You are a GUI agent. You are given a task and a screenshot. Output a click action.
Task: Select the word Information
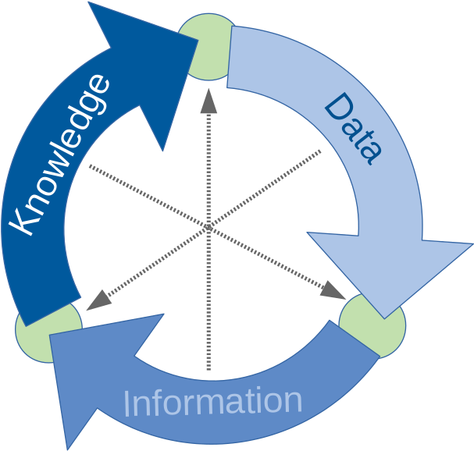(212, 403)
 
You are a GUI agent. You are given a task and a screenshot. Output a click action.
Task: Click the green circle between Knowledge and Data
(205, 47)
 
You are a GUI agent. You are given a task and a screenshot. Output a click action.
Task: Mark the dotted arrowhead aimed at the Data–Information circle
(334, 290)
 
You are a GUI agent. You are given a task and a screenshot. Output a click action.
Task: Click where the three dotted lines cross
(208, 227)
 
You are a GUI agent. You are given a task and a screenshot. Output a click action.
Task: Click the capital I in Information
(127, 405)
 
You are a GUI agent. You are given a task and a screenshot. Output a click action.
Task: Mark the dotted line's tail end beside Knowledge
(91, 166)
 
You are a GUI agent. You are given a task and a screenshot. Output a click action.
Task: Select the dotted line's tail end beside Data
(319, 151)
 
